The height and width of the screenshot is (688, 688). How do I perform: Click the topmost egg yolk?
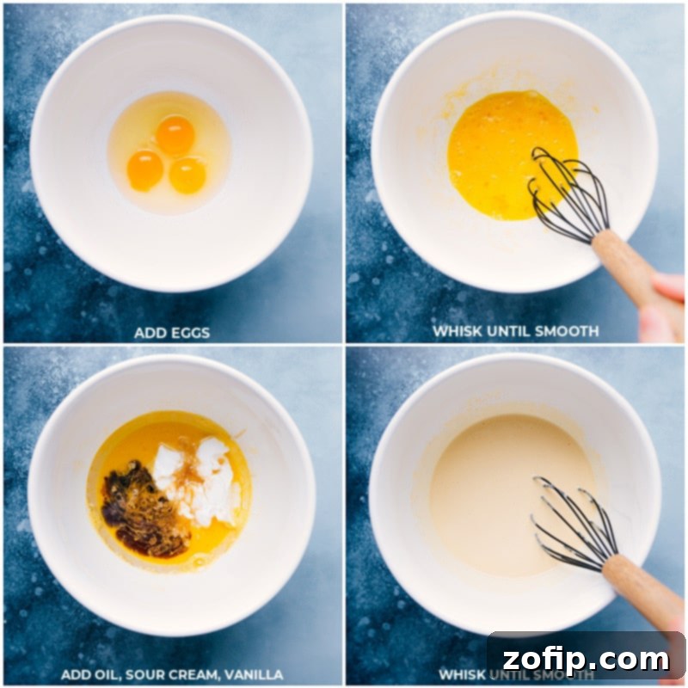[x=175, y=135]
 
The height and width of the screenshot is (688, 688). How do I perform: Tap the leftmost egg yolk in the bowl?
[x=144, y=169]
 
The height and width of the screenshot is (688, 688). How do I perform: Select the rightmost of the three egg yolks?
[x=187, y=175]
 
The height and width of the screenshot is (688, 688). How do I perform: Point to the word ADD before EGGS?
[x=150, y=332]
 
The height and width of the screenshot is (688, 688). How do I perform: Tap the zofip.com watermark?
[x=585, y=660]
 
